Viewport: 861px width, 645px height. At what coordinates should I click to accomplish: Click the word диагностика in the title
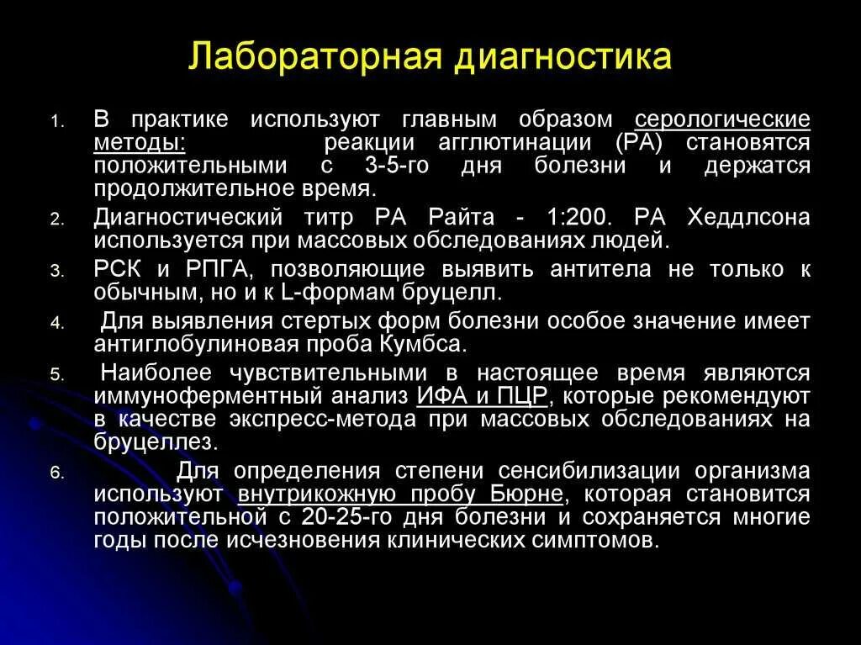(562, 59)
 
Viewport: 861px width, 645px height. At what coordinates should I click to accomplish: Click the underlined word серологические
(722, 119)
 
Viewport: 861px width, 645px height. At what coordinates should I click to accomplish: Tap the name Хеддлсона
(748, 218)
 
